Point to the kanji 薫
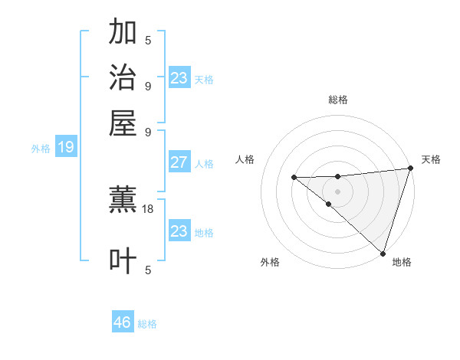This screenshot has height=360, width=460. [x=123, y=201]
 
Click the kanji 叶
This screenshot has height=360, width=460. [x=123, y=260]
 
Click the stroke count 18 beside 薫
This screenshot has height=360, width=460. [x=149, y=208]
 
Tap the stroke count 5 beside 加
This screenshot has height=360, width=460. [x=148, y=40]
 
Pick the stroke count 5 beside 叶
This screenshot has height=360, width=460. [x=148, y=269]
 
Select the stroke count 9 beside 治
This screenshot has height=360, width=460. [x=148, y=85]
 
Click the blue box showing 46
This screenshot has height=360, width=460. [x=123, y=322]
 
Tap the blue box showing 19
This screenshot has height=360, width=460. [x=65, y=148]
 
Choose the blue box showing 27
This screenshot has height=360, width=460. [x=179, y=162]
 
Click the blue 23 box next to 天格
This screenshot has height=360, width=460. [x=179, y=78]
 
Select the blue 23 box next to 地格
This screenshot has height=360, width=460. [x=179, y=231]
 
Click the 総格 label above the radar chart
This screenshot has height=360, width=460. [x=338, y=100]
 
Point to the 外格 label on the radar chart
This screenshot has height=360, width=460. [x=270, y=262]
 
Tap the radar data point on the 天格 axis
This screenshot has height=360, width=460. [x=409, y=169]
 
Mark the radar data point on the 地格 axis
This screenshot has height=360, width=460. [x=383, y=253]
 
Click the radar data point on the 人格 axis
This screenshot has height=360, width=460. [x=294, y=178]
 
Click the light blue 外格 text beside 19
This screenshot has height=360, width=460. [x=41, y=149]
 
